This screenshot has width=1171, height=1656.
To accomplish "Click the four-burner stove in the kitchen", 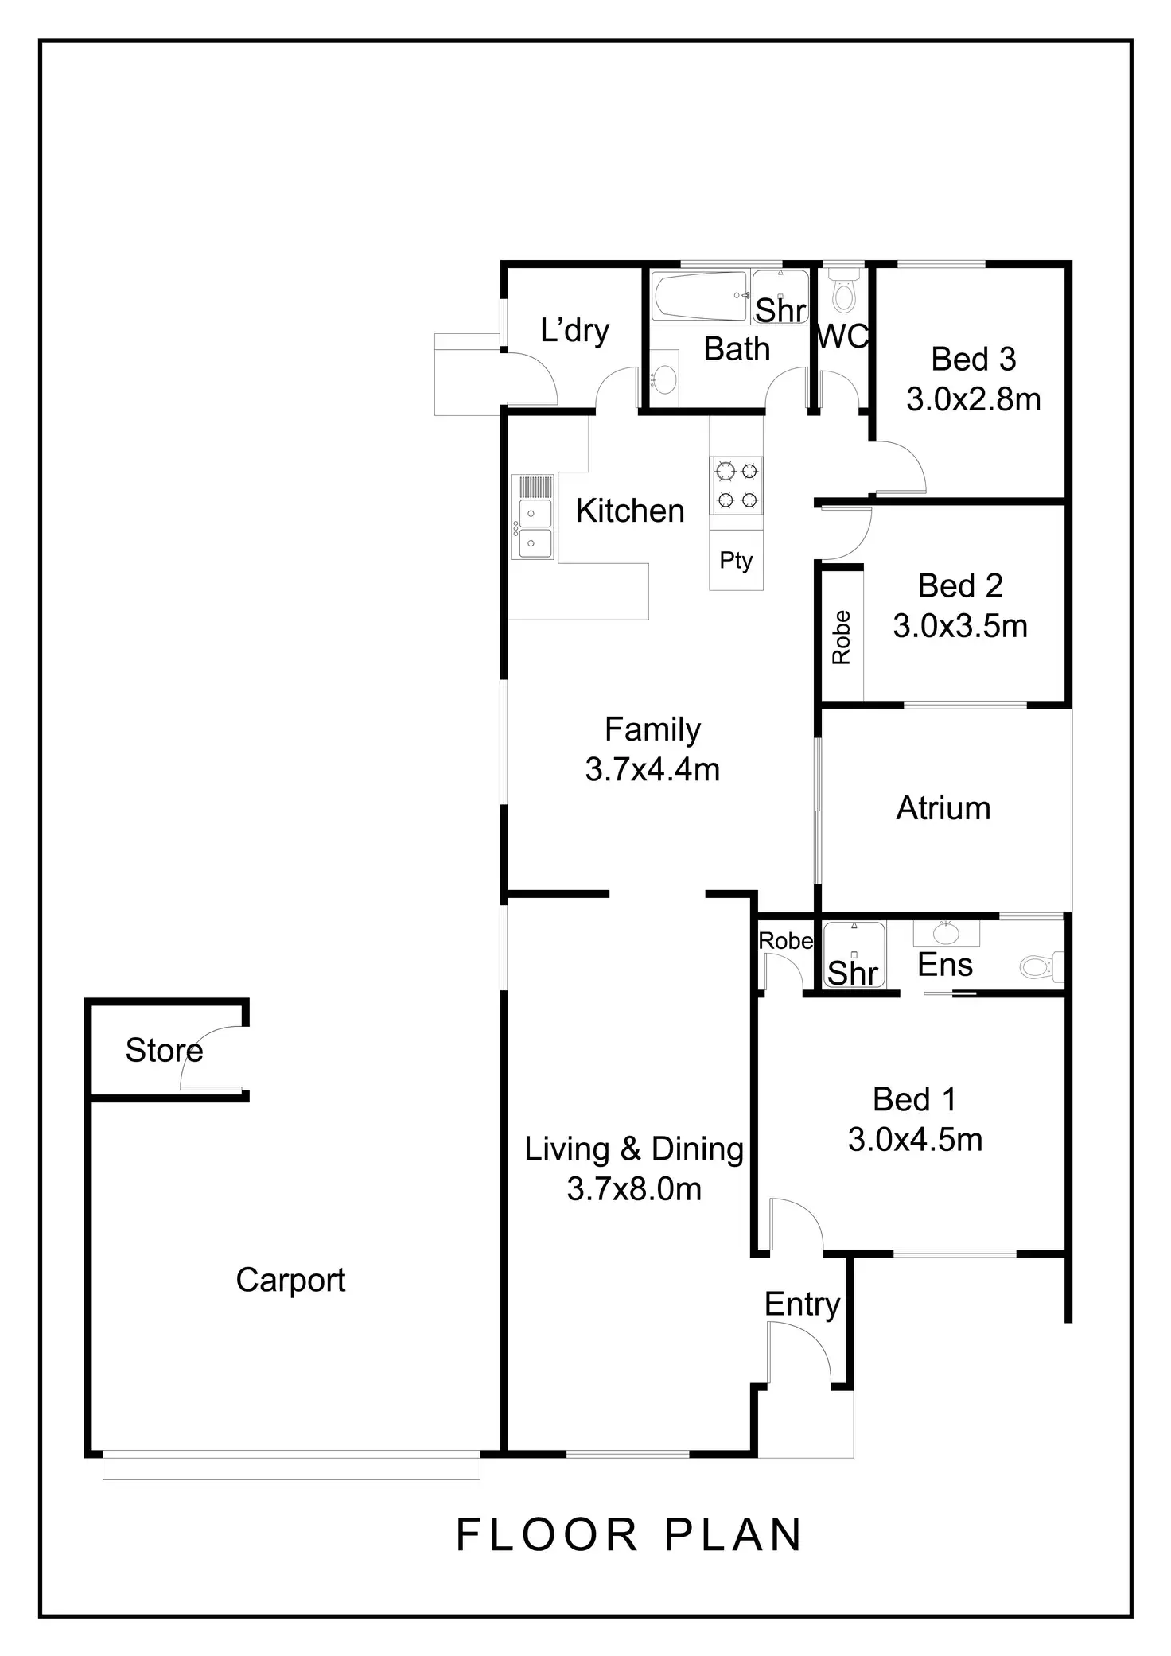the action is [x=737, y=485].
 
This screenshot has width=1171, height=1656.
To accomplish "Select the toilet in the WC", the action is [x=842, y=292].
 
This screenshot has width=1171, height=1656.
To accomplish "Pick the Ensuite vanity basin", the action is [x=946, y=931].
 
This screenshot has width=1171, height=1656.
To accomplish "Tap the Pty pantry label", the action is [x=736, y=561].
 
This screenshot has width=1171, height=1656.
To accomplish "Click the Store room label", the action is [x=164, y=1051].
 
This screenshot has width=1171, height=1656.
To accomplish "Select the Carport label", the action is [x=290, y=1280].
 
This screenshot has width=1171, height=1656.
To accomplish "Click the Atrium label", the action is [x=943, y=808].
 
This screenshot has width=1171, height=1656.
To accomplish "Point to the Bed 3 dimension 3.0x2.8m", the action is [x=973, y=399].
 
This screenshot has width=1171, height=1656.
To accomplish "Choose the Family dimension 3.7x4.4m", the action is [x=652, y=769].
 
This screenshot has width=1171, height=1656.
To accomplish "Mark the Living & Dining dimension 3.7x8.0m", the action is [x=634, y=1189].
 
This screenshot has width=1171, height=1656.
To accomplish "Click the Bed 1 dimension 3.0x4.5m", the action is [x=915, y=1140].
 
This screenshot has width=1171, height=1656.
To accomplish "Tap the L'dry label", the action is [x=574, y=330].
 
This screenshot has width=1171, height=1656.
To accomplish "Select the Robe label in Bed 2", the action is [x=842, y=637].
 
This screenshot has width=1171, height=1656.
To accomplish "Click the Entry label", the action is [x=802, y=1304].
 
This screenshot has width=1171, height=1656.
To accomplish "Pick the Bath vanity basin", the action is [x=664, y=379].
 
